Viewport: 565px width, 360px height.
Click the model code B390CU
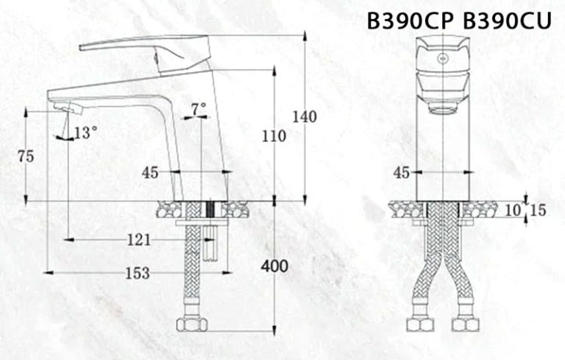pos(507,21)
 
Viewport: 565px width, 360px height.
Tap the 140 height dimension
pos(304,116)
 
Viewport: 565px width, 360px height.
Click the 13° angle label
pos(85,133)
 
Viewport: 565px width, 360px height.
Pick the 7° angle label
pos(199,109)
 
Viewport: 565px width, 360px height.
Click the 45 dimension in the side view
pos(150,173)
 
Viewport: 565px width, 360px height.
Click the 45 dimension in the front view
pos(402,173)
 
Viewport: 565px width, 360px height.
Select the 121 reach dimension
pos(138,239)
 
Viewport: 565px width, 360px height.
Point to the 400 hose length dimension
pos(275,267)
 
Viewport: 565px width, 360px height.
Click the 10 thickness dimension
pos(512,211)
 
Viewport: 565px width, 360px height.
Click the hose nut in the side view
pos(193,324)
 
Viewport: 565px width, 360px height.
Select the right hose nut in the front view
pos(466,325)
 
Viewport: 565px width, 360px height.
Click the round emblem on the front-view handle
pos(443,57)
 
